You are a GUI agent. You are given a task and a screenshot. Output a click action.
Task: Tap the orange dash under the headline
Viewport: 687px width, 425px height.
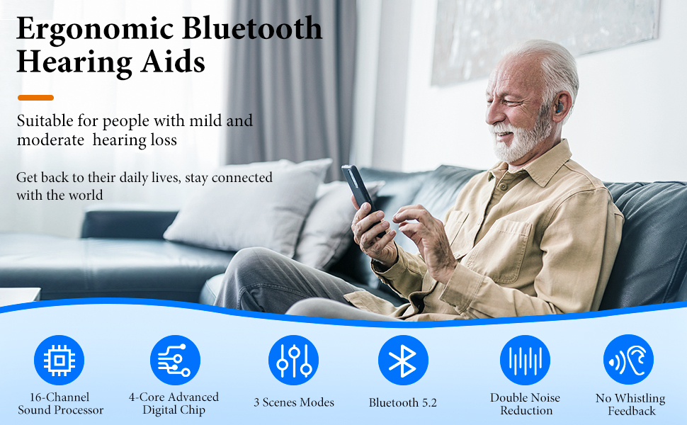pyautogui.click(x=35, y=97)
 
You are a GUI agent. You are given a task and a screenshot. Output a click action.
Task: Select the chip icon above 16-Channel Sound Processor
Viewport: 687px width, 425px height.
pyautogui.click(x=59, y=361)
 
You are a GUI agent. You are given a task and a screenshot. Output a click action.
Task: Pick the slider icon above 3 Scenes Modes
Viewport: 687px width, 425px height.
pyautogui.click(x=293, y=361)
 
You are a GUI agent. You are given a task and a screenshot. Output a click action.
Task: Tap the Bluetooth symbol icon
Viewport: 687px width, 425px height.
pyautogui.click(x=403, y=361)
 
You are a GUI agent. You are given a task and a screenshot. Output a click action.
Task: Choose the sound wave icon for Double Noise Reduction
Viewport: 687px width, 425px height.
pyautogui.click(x=526, y=361)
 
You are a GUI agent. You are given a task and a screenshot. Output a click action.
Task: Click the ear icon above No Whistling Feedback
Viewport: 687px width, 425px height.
pyautogui.click(x=628, y=361)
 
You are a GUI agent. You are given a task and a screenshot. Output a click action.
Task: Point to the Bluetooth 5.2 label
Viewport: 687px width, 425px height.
pyautogui.click(x=403, y=402)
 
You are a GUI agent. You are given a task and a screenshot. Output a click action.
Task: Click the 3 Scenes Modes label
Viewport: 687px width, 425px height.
pyautogui.click(x=294, y=402)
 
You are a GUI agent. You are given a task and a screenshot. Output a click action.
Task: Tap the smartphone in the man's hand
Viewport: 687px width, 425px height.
pyautogui.click(x=358, y=188)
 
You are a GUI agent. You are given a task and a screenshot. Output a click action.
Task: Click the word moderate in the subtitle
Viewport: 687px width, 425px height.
pyautogui.click(x=50, y=140)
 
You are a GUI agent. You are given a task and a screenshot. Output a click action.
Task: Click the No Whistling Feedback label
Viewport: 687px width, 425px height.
pyautogui.click(x=630, y=404)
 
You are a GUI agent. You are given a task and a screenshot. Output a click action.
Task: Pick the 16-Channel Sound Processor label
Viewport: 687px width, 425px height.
pyautogui.click(x=60, y=404)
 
